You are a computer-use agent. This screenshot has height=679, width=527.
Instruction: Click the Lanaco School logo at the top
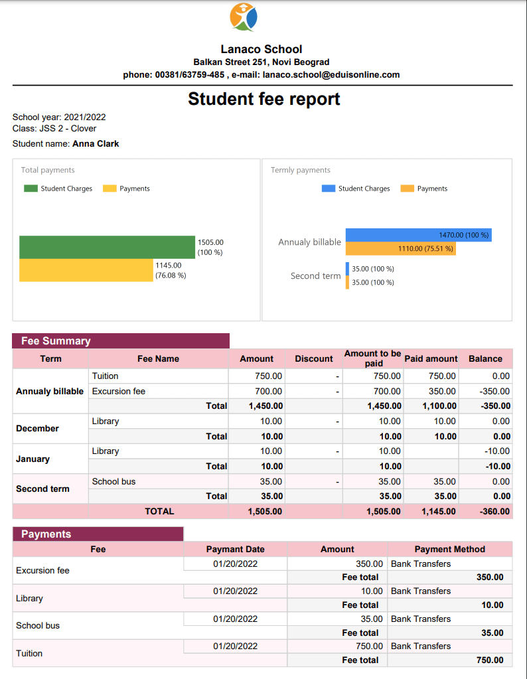pos(244,17)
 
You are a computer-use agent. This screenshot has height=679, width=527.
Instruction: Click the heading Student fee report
pos(263,100)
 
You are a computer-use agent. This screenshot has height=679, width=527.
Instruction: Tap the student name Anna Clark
pos(96,143)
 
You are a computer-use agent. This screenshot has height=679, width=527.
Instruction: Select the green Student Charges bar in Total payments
pos(107,247)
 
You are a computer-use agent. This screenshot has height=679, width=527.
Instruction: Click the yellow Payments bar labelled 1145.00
pos(86,270)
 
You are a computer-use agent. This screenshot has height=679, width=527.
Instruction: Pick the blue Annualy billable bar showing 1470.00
pos(418,235)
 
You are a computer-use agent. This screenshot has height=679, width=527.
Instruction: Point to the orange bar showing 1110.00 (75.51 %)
pos(400,248)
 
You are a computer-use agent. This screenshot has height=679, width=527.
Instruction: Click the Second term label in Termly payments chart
pos(315,276)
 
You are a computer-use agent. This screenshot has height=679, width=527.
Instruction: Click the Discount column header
pos(313,359)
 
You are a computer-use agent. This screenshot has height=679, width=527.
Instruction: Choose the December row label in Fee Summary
pos(38,429)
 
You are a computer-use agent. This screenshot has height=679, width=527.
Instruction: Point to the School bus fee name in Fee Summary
pos(113,482)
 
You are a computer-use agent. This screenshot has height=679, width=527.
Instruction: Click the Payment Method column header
pos(449,550)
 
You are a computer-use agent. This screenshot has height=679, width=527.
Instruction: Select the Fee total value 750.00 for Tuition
pos(490,660)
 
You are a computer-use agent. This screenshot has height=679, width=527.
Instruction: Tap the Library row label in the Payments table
pos(29,599)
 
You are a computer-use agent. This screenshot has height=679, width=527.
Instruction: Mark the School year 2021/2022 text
pos(59,117)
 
